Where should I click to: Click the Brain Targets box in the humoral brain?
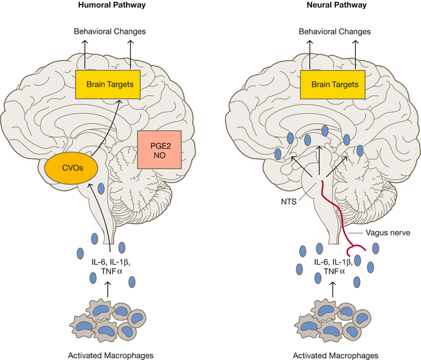click(105, 83)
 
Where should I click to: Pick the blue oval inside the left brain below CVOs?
click(101, 188)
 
